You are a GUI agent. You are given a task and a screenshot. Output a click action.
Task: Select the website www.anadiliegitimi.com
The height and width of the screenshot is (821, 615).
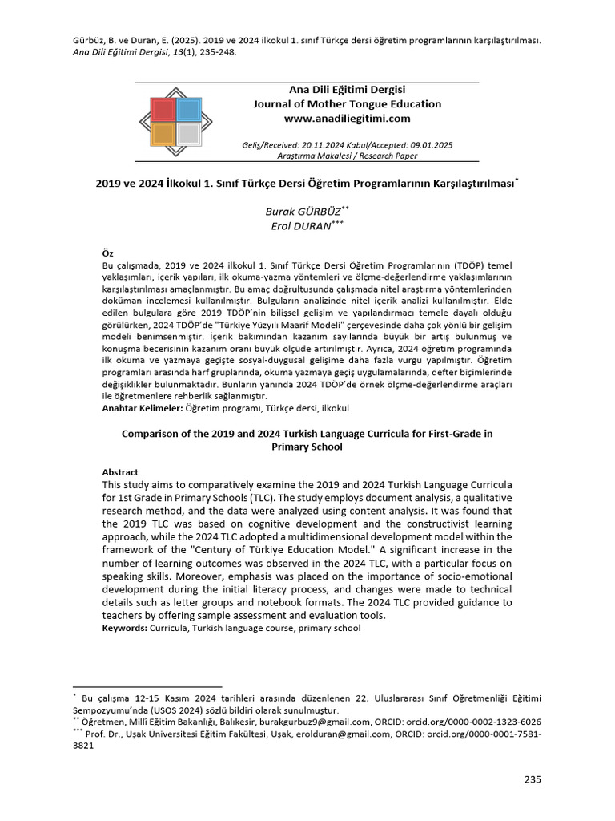(347, 119)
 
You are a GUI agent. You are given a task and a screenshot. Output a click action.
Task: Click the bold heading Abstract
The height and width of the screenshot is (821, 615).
(120, 472)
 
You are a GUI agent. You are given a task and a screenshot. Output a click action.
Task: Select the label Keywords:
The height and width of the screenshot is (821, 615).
(125, 628)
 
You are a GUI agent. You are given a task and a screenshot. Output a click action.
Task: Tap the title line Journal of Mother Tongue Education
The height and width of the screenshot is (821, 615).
(347, 104)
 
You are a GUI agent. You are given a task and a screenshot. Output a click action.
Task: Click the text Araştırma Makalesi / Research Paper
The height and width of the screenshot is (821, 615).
(347, 156)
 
